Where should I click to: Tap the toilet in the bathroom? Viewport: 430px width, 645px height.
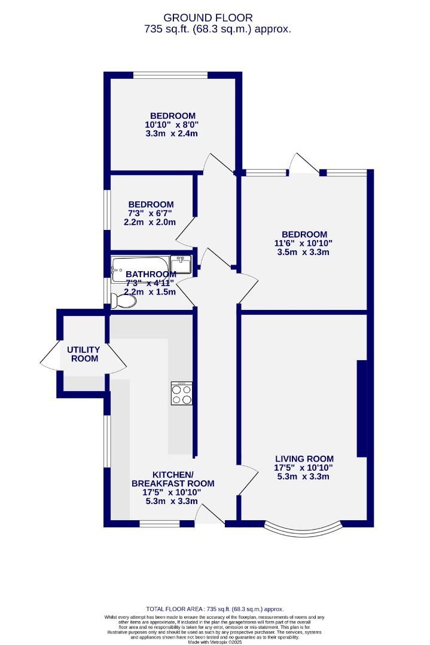coord(124,303)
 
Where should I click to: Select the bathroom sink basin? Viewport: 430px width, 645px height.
coord(181,263)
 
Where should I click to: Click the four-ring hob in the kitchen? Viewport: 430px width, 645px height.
coord(182,394)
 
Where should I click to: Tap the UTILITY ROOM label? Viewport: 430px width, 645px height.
coord(84,354)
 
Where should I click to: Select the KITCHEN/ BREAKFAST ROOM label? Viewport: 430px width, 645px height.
coord(173,478)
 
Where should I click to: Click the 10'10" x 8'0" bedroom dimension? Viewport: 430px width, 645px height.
coord(172,125)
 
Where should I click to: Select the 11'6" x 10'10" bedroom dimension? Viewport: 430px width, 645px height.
coord(304,243)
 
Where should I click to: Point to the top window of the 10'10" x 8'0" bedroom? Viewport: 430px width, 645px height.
coord(170,75)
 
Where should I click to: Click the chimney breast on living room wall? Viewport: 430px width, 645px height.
coord(362,408)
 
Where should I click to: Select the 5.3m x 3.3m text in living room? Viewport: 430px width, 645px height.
coord(304,477)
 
